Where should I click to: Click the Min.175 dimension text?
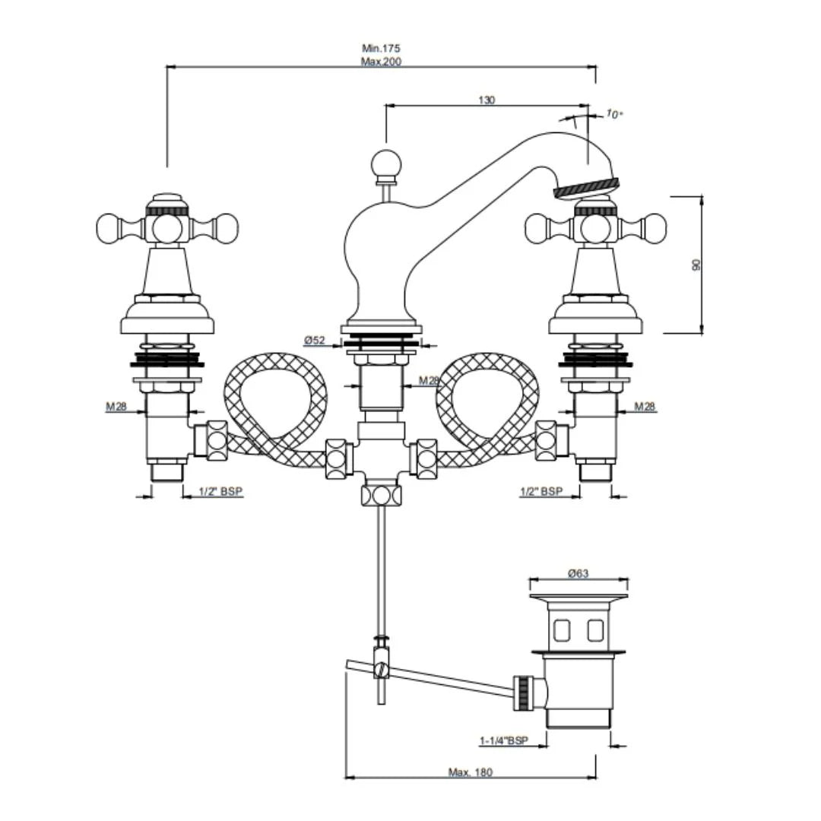381,49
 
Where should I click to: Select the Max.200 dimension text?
381,62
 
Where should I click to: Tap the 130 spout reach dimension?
487,100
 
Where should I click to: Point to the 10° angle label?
614,114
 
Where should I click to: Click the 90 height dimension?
696,264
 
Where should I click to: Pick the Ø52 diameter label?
315,340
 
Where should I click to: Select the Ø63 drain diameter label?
579,574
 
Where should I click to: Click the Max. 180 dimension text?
471,772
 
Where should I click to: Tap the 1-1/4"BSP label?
503,740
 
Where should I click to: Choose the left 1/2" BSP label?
220,491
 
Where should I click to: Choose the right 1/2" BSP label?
541,491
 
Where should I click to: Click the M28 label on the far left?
116,407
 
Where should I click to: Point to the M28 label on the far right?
645,407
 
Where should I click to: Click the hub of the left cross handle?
166,227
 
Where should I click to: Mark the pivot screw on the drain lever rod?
382,669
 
